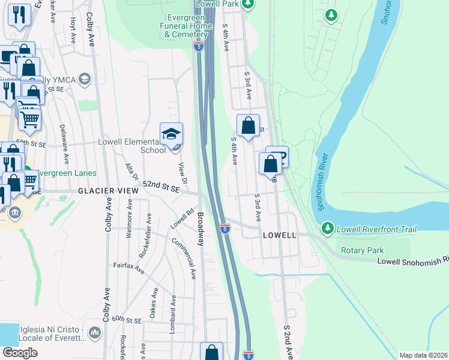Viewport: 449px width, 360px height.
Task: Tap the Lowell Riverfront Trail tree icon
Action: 327,229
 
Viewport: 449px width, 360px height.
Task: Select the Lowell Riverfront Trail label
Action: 376,229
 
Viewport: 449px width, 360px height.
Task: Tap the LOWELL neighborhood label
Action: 279,235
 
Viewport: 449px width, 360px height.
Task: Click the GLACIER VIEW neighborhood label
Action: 108,190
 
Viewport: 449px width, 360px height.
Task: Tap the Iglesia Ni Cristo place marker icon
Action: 94,332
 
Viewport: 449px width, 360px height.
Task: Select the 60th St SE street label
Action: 126,320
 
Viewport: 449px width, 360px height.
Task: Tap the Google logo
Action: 20,353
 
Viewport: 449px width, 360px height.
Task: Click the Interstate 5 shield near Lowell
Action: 224,229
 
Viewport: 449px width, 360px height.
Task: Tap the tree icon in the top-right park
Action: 330,14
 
